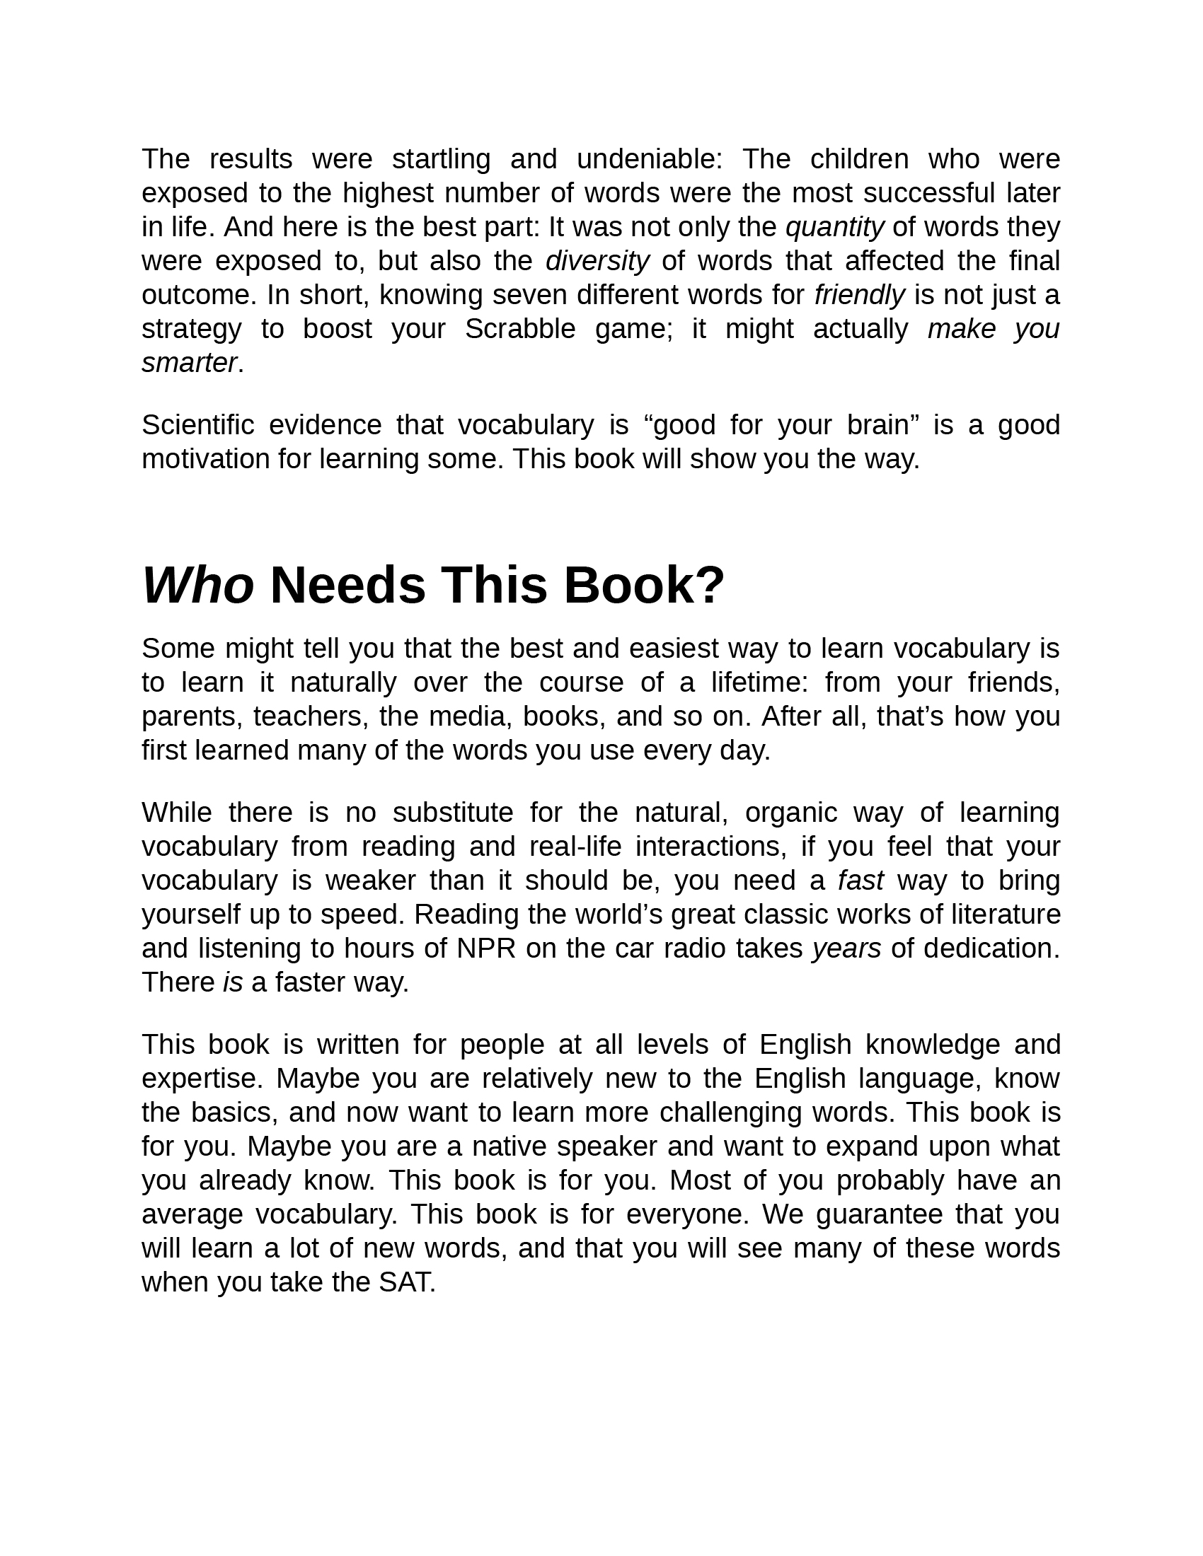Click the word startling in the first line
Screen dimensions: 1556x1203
441,160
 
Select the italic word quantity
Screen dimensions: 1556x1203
834,228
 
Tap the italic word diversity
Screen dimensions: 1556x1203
597,262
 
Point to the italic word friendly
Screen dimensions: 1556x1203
860,295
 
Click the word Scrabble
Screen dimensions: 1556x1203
519,329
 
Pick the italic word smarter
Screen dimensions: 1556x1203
189,364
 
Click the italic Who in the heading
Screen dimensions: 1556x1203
198,586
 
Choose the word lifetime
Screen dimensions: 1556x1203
760,683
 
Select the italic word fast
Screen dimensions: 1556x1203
860,881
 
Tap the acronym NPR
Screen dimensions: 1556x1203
486,949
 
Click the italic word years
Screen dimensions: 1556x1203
846,949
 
